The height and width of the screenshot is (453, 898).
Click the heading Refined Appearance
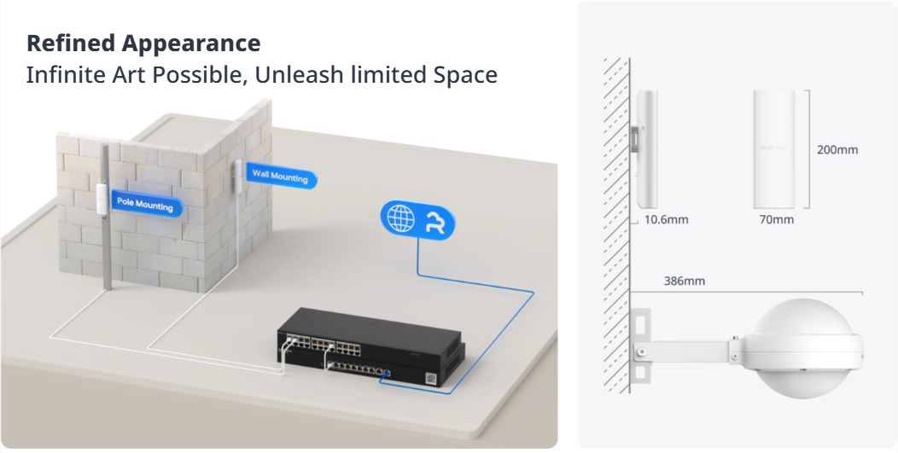143,43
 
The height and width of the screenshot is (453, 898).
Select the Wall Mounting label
281,177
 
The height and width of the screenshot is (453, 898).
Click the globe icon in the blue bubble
400,218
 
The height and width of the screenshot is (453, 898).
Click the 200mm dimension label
837,150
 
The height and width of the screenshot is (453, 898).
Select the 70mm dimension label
776,220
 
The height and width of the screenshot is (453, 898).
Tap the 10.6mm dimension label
666,220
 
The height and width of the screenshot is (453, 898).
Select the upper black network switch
367,334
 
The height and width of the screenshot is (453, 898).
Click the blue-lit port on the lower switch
388,373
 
